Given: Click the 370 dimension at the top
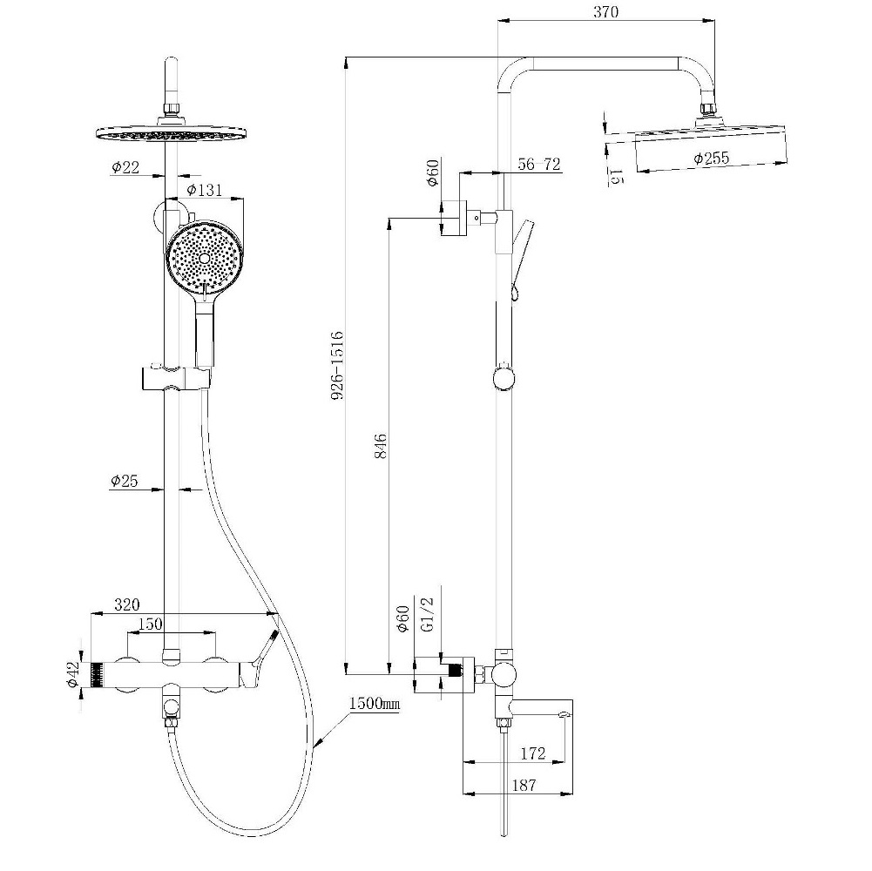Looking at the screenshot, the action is pos(605,11).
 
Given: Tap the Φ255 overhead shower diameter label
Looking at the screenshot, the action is pos(712,158).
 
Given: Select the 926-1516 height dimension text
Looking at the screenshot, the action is pos(337,366).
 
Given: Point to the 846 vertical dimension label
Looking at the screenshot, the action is pos(381,446).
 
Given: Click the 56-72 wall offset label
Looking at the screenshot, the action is pos(539,164).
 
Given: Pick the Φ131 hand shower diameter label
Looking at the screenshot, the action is pos(204,190).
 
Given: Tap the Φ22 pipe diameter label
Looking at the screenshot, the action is pos(125,167).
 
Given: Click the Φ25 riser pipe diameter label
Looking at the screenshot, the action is pos(124,481).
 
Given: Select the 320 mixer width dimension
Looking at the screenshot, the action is pos(127,604).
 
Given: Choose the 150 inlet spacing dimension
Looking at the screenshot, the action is pos(150,624).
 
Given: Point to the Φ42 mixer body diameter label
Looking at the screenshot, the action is pos(73,674).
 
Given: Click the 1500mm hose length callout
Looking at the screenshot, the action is pos(375,704).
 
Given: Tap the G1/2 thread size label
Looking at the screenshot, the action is pos(428,613).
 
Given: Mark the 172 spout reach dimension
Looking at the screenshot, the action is pos(533,753).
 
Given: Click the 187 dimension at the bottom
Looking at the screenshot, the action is pos(524,786).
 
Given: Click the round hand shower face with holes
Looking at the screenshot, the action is pos(204,258).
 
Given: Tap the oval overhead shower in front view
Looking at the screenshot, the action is pos(172,133).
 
